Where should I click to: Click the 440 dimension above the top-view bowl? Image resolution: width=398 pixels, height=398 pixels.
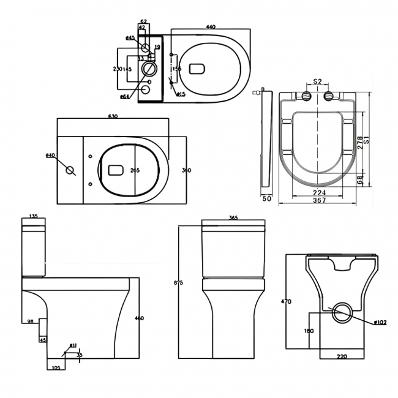click(211, 27)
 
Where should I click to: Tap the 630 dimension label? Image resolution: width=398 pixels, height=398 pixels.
click(113, 116)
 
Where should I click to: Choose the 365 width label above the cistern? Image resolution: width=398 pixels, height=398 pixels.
click(233, 218)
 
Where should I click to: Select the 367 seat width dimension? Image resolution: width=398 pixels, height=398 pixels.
click(318, 200)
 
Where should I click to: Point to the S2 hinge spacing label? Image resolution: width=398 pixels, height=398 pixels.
click(317, 81)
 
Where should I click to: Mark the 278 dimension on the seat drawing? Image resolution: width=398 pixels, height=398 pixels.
click(360, 142)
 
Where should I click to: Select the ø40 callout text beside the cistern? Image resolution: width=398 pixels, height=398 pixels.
click(50, 155)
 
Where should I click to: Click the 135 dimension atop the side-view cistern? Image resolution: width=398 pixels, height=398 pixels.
click(34, 217)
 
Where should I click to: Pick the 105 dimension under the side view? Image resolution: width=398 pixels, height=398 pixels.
click(57, 367)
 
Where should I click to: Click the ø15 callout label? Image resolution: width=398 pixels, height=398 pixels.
click(181, 94)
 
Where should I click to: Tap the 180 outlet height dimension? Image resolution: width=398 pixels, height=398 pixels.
click(309, 331)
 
